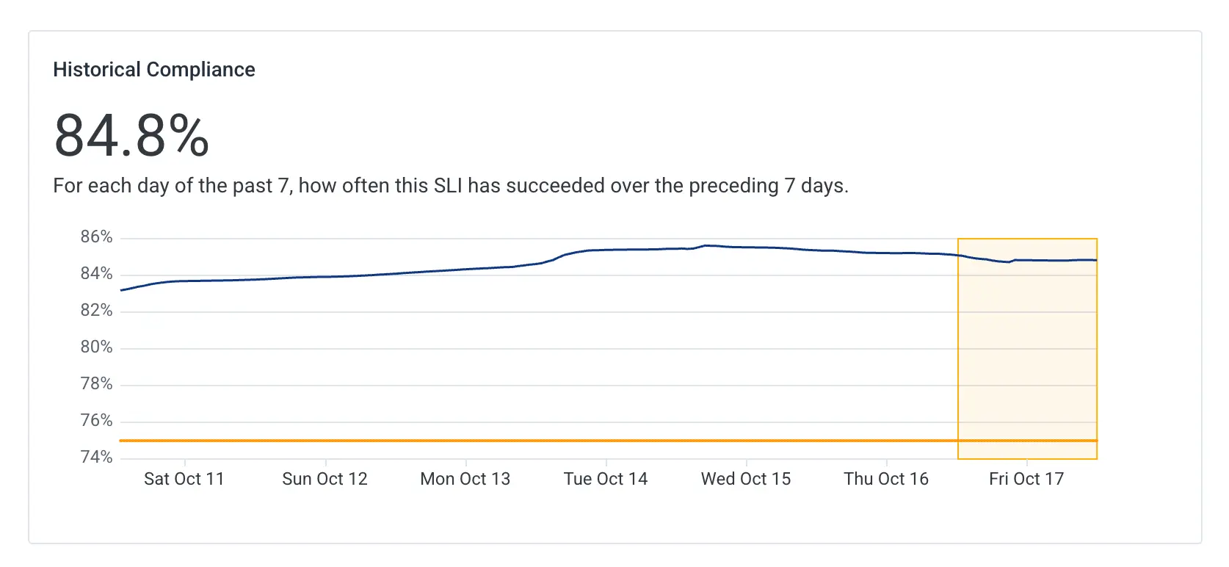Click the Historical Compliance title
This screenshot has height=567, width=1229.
pyautogui.click(x=154, y=70)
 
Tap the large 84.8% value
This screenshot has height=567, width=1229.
pyautogui.click(x=132, y=136)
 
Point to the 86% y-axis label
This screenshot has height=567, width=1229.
pyautogui.click(x=96, y=237)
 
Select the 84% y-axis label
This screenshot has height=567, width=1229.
pyautogui.click(x=96, y=274)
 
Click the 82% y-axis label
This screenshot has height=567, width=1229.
pyautogui.click(x=96, y=311)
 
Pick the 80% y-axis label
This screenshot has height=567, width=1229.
pyautogui.click(x=96, y=347)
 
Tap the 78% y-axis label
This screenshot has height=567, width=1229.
pyautogui.click(x=96, y=384)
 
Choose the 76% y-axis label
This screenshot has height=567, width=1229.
pyautogui.click(x=96, y=421)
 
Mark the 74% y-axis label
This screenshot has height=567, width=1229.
pyautogui.click(x=96, y=458)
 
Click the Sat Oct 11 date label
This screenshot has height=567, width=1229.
pyautogui.click(x=184, y=480)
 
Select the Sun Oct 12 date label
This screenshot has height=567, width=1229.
pyautogui.click(x=325, y=480)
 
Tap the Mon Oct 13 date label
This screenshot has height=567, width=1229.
pyautogui.click(x=465, y=480)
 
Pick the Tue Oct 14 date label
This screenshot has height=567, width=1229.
pyautogui.click(x=606, y=480)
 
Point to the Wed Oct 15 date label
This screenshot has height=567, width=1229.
pyautogui.click(x=746, y=480)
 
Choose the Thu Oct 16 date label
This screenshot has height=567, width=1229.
pyautogui.click(x=886, y=480)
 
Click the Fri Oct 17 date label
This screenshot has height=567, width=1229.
pyautogui.click(x=1026, y=480)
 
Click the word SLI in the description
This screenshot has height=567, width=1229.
pyautogui.click(x=448, y=186)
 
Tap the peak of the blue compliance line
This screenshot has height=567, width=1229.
pyautogui.click(x=706, y=245)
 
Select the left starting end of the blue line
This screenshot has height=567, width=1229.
pyautogui.click(x=122, y=290)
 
